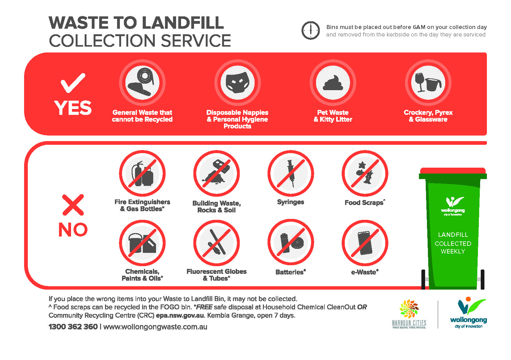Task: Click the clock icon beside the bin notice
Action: (310, 30)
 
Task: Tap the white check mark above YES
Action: (73, 83)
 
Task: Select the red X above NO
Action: (73, 205)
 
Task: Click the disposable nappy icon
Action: (237, 83)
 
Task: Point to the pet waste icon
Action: (333, 83)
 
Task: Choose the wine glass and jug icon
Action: (428, 83)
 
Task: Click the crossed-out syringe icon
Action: (290, 174)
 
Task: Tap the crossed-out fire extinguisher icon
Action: (142, 174)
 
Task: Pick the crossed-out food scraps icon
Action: (365, 174)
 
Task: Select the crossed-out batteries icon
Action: (290, 243)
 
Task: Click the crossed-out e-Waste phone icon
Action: (365, 243)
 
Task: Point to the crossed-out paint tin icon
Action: (142, 243)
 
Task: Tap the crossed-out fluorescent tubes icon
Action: (216, 243)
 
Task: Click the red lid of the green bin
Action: (453, 171)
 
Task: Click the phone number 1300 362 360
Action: (73, 327)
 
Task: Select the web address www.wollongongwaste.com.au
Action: (155, 327)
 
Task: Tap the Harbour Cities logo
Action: (409, 314)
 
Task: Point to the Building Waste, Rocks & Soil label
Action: (216, 207)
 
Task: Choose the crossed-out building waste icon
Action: (216, 174)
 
